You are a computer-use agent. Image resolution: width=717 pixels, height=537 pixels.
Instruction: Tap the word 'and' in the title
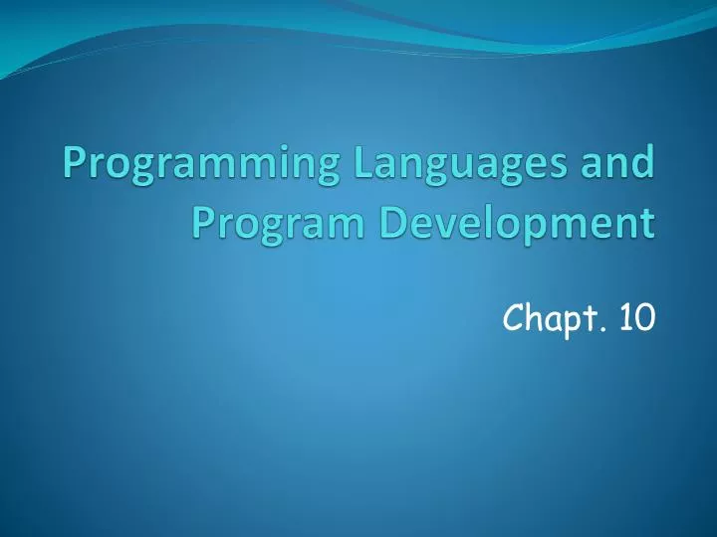pyautogui.click(x=619, y=162)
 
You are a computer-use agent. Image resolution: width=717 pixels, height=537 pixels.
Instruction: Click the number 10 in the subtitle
pyautogui.click(x=636, y=318)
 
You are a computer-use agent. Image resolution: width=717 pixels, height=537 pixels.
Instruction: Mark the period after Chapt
pyautogui.click(x=603, y=329)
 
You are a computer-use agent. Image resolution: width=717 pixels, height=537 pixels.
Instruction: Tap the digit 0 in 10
pyautogui.click(x=645, y=318)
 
